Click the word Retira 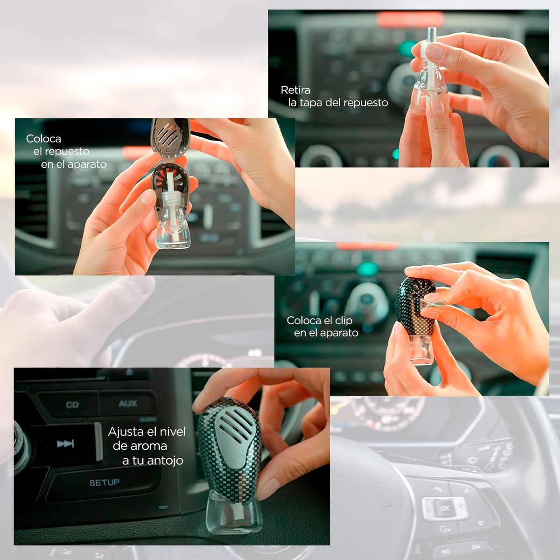295,90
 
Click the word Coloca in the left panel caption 43,139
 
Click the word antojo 165,461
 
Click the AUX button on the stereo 127,404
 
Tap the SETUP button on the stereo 104,483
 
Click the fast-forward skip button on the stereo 65,443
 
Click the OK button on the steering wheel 444,508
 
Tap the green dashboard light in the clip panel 368,269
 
